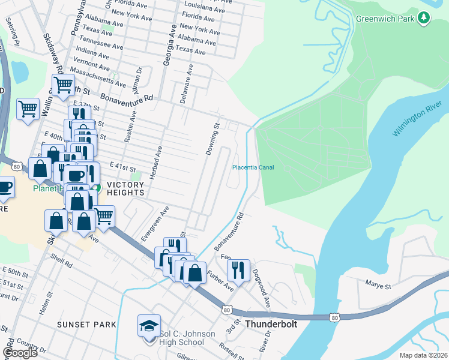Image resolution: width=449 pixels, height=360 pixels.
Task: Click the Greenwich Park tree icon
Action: pos(424,17)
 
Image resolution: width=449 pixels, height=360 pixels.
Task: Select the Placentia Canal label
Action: pos(253,167)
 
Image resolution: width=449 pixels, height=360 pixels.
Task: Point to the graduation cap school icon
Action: pos(149,326)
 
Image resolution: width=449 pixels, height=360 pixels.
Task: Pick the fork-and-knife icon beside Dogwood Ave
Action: pos(239,270)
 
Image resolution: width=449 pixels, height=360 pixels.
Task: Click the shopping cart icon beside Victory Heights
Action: pos(104,215)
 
